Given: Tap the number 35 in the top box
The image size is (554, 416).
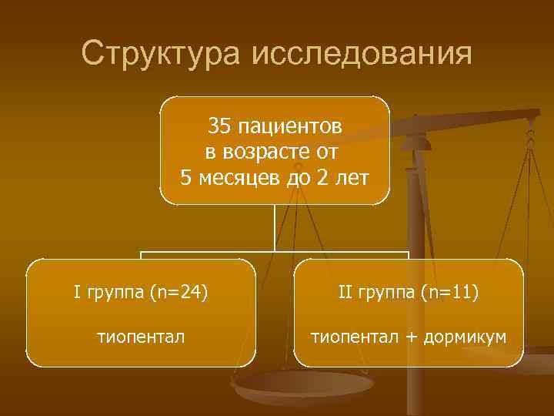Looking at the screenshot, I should tap(220, 125).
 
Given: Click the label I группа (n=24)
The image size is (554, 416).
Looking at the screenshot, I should tap(140, 292).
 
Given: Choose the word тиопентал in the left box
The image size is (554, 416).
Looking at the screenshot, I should tap(140, 336).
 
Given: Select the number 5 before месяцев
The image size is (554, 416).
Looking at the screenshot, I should tap(185, 179).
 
